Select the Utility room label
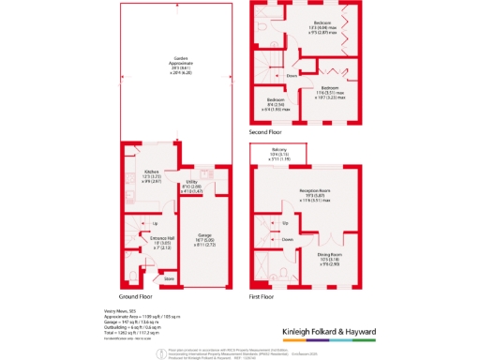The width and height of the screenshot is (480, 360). point(191,184)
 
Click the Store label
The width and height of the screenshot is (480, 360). point(170,278)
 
